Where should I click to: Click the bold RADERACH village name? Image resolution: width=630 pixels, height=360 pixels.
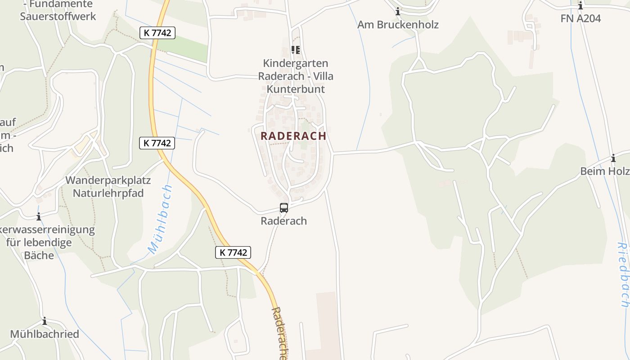tap(293, 135)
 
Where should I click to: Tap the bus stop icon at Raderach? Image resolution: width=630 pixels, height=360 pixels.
tap(284, 208)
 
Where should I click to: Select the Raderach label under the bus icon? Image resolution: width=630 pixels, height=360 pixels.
tap(284, 221)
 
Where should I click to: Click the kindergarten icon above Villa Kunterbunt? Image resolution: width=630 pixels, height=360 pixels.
tap(295, 50)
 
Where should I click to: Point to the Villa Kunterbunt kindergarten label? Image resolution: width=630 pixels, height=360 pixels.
tap(296, 76)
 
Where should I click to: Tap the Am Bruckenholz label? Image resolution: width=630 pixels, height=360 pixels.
tap(398, 24)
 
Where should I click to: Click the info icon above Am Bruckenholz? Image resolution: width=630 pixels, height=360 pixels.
tap(398, 12)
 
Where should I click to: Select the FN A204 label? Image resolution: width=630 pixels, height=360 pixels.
tap(580, 18)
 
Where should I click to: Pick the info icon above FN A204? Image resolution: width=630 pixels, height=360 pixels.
tap(580, 6)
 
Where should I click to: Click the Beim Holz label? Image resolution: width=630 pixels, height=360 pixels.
tap(605, 171)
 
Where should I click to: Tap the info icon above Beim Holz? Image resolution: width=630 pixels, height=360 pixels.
tap(613, 158)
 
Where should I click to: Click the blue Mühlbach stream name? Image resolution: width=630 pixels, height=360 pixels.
tap(160, 220)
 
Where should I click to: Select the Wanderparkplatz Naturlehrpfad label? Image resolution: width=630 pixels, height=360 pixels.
tap(108, 187)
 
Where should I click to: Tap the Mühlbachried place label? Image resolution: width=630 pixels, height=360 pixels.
tap(45, 334)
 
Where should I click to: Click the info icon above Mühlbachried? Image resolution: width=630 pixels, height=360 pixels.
tap(45, 321)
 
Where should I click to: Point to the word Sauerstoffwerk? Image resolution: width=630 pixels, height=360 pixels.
tap(58, 17)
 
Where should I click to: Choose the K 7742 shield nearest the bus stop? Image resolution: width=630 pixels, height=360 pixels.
tap(233, 252)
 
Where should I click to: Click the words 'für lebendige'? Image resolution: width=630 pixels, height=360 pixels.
tap(39, 243)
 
